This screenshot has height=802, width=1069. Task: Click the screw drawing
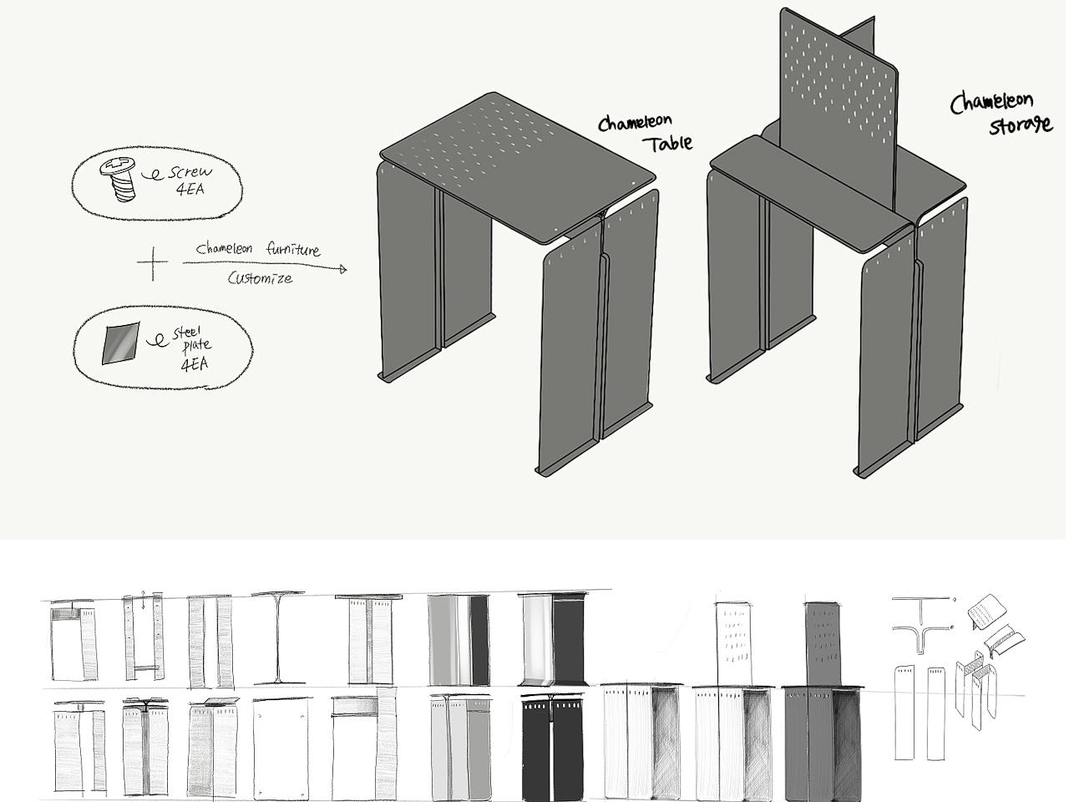point(119,178)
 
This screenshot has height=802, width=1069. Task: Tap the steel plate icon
point(121,343)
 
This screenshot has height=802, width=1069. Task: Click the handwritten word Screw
point(191,172)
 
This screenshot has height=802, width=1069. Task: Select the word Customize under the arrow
point(260,278)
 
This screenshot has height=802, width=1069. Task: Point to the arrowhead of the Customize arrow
point(343,269)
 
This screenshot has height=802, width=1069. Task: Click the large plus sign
point(153,263)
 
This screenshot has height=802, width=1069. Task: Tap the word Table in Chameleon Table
point(668,143)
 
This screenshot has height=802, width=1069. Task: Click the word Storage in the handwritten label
point(1021,124)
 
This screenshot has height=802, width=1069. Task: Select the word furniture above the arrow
point(293,250)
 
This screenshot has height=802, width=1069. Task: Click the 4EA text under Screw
point(190,189)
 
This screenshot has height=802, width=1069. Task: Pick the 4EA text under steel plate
point(195,364)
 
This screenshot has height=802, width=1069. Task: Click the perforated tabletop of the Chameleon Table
point(517,166)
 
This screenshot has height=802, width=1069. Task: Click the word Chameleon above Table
point(635,123)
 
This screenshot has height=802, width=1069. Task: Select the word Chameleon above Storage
point(991,103)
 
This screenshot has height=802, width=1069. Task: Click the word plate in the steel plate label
point(197,345)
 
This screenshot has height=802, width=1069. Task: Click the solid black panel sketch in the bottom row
point(552,745)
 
